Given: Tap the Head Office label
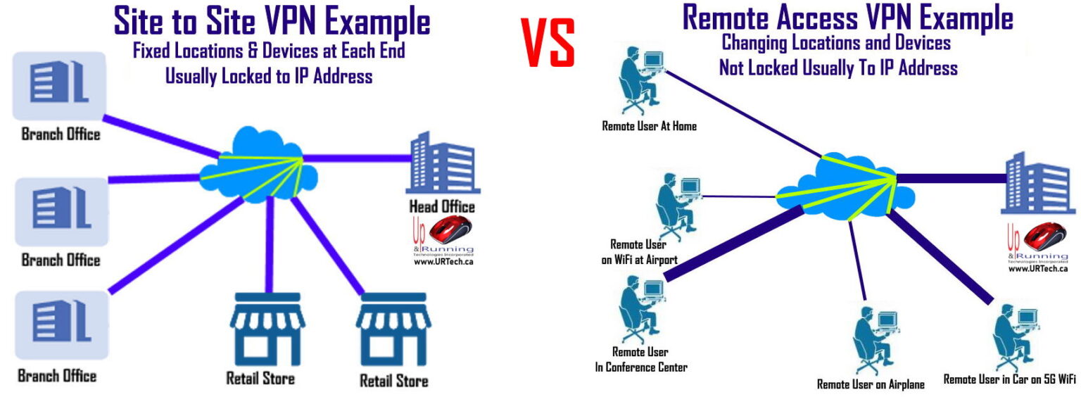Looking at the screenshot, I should [442, 207].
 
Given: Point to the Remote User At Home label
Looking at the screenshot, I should [649, 127].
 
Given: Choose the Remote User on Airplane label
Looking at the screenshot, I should [871, 384].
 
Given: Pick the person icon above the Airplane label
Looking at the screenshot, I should [873, 340].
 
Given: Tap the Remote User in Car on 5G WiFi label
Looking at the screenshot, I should [1009, 379].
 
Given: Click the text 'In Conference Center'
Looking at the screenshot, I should [640, 367].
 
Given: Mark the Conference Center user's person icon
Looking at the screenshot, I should [640, 304].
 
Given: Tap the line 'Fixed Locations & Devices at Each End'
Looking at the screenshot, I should [269, 51].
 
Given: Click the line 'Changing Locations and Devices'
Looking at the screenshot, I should [836, 43].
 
